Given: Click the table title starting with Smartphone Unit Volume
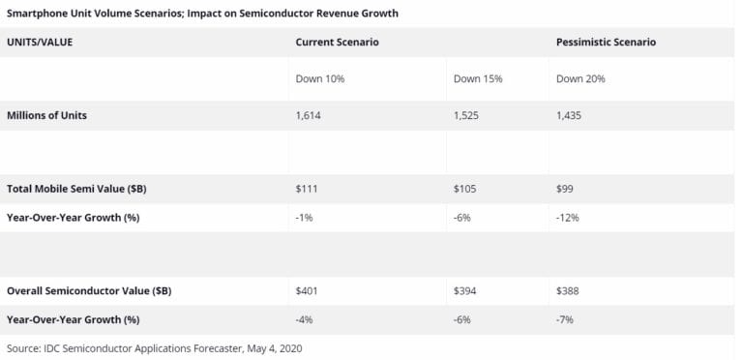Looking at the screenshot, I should [x=202, y=14].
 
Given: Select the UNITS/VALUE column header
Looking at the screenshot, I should [x=40, y=43].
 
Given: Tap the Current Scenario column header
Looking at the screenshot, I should [x=337, y=43].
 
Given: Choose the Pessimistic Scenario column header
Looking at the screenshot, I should [x=606, y=43].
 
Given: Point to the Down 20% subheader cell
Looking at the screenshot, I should [x=580, y=78].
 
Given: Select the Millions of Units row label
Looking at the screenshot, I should [x=47, y=115].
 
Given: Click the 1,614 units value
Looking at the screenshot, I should [x=309, y=115].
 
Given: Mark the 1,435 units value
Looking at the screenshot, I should [x=569, y=115].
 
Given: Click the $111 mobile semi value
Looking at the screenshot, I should [x=307, y=189].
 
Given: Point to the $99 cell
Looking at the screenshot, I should [x=567, y=189].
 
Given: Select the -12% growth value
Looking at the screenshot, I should [x=568, y=218].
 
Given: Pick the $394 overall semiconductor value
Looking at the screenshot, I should [x=465, y=290].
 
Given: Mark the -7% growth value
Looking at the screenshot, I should [x=566, y=319].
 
